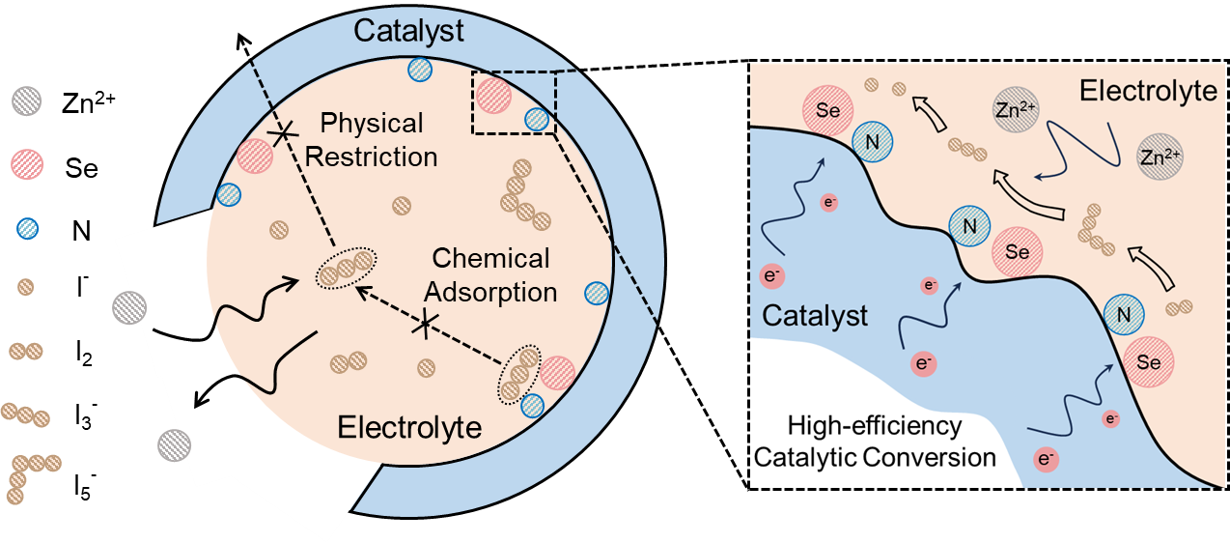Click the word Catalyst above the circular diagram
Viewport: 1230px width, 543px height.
pos(408,30)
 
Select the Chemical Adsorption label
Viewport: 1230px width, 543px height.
pos(491,274)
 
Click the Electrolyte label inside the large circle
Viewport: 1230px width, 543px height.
pos(409,426)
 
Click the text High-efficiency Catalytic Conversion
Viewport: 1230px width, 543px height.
pos(875,442)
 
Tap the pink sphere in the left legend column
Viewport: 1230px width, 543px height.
pos(27,160)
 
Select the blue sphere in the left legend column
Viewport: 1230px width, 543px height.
pos(27,228)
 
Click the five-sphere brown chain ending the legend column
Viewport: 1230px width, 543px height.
pos(29,473)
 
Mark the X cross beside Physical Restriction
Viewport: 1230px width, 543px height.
pos(282,134)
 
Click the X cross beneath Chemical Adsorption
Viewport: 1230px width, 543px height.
pos(422,325)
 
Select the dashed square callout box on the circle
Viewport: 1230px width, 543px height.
pos(514,101)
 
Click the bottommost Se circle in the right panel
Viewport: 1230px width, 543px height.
pos(1148,362)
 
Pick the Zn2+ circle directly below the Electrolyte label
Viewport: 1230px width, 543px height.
pos(1159,155)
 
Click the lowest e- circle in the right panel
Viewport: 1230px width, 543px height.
pos(1044,458)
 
